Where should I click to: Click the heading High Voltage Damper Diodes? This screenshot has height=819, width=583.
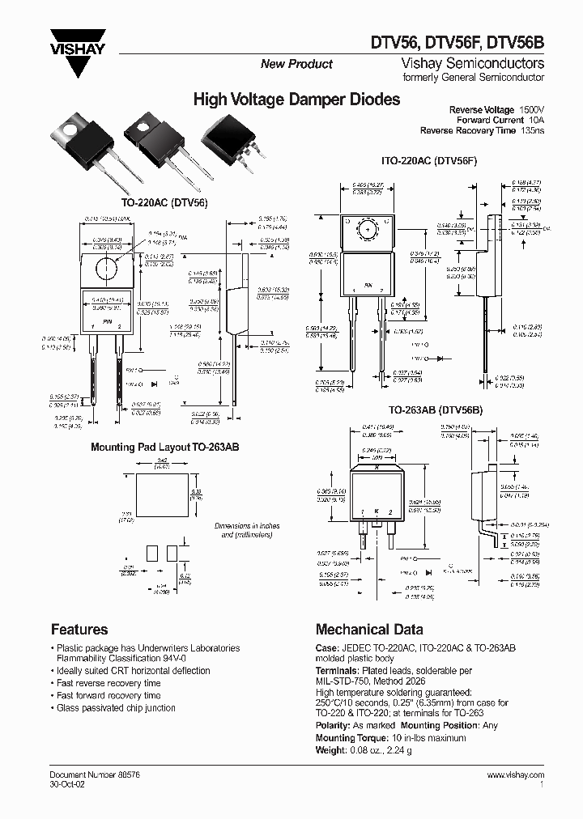[296, 100]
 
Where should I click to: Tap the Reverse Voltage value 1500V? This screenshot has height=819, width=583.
[530, 109]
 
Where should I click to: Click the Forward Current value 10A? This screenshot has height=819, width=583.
[537, 120]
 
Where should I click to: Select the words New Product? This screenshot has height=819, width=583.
[296, 65]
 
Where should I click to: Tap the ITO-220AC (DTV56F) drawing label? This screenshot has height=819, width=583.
[429, 160]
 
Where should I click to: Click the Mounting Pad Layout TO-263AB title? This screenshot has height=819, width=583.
[164, 447]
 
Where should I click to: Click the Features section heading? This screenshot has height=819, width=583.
[79, 629]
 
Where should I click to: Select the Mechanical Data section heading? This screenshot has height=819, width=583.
[368, 629]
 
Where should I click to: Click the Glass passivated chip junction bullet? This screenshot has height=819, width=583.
[116, 707]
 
